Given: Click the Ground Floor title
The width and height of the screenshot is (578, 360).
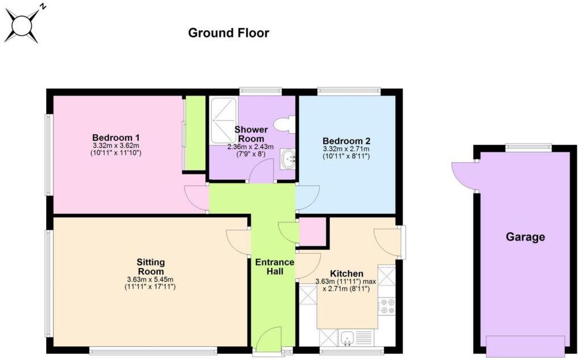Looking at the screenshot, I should [x=228, y=33].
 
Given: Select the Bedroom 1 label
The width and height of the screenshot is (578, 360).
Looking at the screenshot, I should [x=116, y=138].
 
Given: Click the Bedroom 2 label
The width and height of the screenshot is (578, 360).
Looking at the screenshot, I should [x=346, y=141].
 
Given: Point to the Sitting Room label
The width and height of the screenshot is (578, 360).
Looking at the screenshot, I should [x=151, y=266].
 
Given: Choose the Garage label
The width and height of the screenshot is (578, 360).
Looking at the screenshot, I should [x=525, y=237].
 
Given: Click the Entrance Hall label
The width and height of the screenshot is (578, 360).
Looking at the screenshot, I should [x=274, y=267].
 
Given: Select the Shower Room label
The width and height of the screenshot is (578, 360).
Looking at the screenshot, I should [x=250, y=134].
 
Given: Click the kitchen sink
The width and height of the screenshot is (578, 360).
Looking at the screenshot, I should [x=347, y=339].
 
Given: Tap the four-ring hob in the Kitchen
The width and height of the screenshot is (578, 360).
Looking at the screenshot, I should [x=387, y=307].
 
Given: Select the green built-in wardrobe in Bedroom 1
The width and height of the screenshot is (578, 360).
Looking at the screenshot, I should [x=195, y=134].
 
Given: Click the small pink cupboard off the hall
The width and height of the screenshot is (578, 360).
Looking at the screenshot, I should [x=313, y=232].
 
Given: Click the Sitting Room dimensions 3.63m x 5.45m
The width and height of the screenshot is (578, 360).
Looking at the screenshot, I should [x=150, y=279].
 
